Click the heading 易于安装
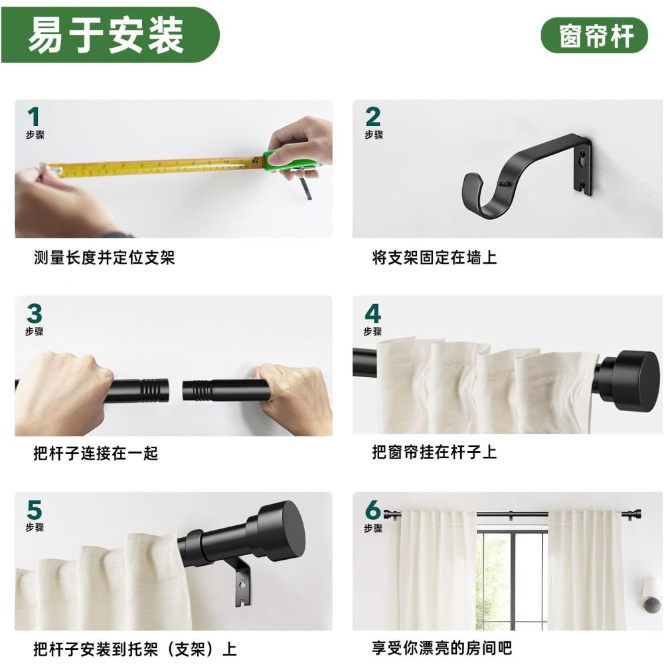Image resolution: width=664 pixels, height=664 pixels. tap(106, 35)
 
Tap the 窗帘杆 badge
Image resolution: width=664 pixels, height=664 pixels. tap(594, 35)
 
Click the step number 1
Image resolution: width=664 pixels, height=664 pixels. tap(33, 118)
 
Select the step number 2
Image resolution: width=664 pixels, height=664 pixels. tap(373, 117)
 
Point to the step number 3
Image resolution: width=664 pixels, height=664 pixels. tap(34, 313)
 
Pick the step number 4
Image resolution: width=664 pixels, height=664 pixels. tap(373, 313)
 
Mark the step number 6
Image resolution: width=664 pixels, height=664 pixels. tap(373, 510)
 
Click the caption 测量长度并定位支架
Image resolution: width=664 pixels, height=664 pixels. tap(104, 258)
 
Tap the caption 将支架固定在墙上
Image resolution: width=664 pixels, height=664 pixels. tap(434, 258)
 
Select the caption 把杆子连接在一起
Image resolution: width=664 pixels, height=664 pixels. tap(96, 454)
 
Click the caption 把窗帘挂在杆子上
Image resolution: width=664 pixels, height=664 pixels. tap(434, 453)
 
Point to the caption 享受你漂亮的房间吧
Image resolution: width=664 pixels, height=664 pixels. tap(442, 648)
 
